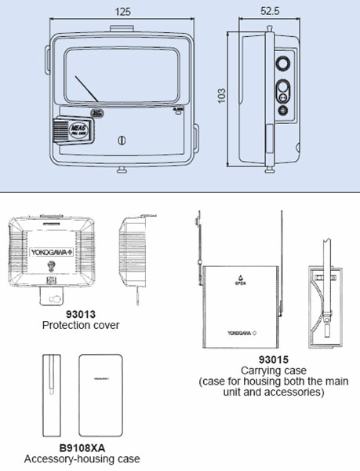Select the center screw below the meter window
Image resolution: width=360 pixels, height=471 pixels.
pos(120,140)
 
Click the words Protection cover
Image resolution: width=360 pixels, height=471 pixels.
pos(70,325)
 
